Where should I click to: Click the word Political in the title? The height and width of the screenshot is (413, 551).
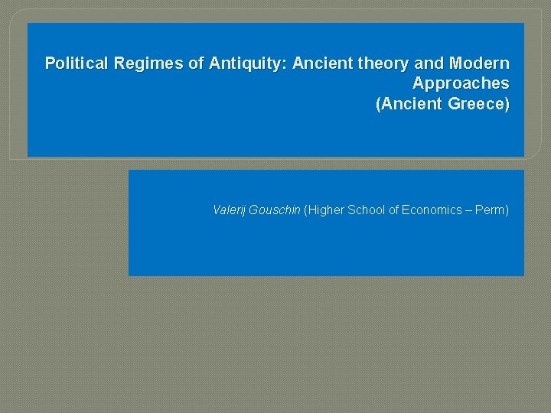(77, 63)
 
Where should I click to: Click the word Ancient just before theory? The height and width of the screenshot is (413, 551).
(321, 63)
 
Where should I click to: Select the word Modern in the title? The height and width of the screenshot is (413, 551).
(479, 63)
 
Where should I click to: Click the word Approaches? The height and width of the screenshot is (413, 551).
(461, 83)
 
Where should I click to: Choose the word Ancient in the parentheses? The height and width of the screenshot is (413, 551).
(409, 104)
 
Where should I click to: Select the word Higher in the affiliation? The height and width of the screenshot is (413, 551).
(325, 210)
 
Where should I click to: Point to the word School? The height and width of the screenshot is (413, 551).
(367, 210)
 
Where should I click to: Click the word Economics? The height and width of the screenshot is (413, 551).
(432, 210)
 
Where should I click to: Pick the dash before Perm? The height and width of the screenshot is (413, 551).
(468, 210)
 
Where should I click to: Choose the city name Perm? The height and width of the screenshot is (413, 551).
(491, 210)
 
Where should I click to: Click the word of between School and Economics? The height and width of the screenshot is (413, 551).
(394, 210)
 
